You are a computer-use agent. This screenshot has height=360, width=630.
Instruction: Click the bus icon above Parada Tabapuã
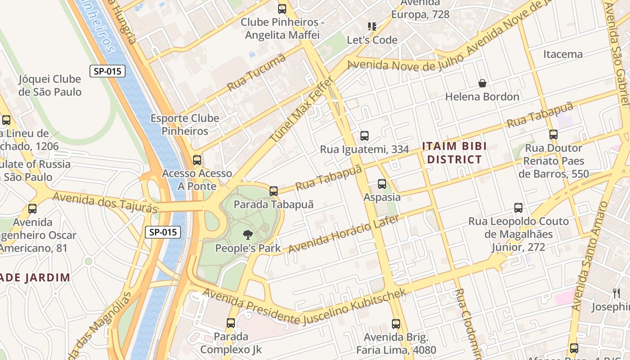(274, 191)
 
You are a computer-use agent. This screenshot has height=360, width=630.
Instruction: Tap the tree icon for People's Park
(247, 234)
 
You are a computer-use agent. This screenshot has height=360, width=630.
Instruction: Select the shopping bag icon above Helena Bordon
(482, 83)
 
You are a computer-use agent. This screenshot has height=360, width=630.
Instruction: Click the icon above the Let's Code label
(372, 27)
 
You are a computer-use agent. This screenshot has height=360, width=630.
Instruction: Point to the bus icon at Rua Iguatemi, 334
(364, 136)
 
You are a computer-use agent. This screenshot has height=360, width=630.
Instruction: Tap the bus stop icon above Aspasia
(382, 184)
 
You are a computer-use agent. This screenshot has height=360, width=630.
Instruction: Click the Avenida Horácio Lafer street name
(343, 234)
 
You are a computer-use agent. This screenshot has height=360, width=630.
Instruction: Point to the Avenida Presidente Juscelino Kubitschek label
(304, 307)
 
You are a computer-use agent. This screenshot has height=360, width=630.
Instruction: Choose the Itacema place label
(562, 54)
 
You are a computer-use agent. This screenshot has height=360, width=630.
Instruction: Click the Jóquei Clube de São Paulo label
(50, 85)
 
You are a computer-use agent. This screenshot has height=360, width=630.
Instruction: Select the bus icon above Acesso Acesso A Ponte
(197, 160)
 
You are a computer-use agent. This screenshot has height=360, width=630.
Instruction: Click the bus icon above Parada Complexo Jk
(231, 323)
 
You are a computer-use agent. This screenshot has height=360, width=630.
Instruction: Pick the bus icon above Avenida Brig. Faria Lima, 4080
(396, 324)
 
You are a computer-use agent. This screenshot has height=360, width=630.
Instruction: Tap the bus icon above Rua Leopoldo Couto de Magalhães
(518, 208)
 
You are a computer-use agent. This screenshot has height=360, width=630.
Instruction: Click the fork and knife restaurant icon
(616, 293)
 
